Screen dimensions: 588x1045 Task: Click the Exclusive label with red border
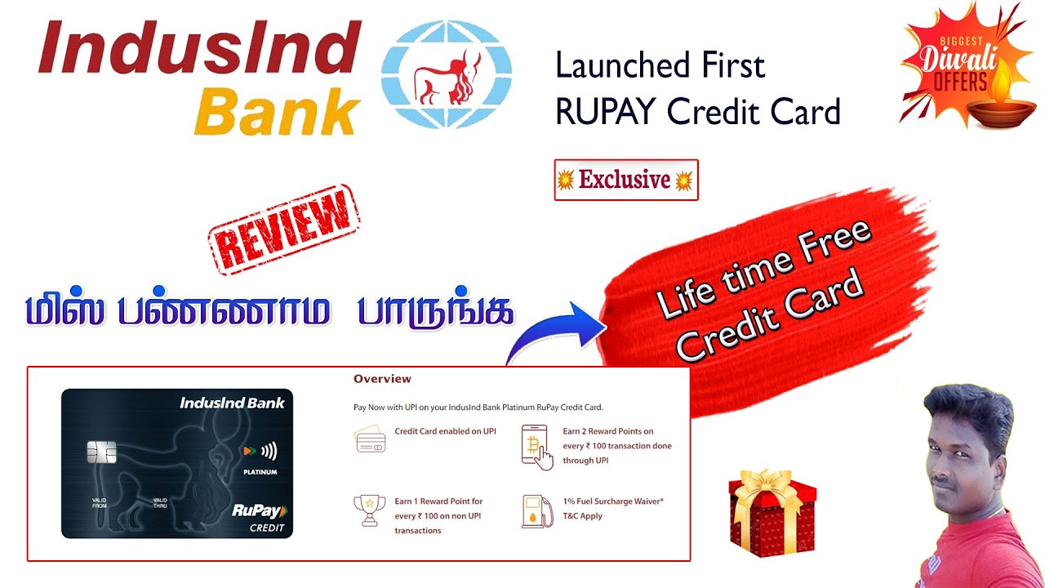click(625, 180)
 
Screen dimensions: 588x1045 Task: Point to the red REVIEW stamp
click(283, 229)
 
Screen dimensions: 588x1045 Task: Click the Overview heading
click(382, 379)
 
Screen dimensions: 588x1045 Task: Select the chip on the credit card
click(101, 452)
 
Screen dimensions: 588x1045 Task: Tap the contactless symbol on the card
click(268, 450)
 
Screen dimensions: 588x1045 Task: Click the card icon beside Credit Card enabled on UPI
click(370, 439)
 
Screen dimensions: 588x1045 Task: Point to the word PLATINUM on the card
click(260, 472)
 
